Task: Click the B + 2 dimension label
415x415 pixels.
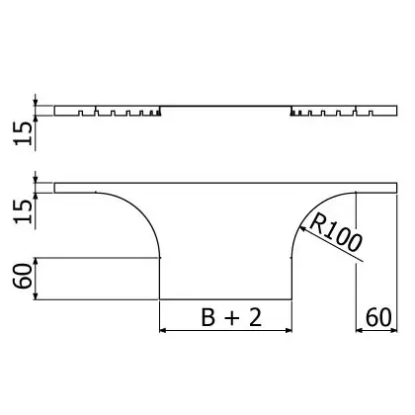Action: pyautogui.click(x=231, y=318)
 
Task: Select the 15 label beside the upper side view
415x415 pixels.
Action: pyautogui.click(x=24, y=133)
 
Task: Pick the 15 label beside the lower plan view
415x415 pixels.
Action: pyautogui.click(x=24, y=211)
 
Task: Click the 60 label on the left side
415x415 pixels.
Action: pyautogui.click(x=23, y=277)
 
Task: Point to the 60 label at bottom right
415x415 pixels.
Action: pyautogui.click(x=378, y=317)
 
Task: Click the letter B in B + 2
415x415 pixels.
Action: pyautogui.click(x=208, y=318)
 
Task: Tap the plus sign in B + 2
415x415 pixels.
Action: pyautogui.click(x=232, y=319)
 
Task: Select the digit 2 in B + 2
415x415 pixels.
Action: pyautogui.click(x=256, y=318)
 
